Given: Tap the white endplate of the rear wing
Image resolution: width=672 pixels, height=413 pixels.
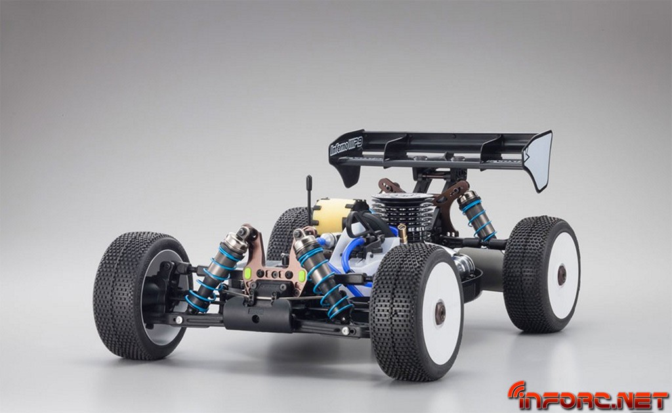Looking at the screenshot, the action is pos(538,160).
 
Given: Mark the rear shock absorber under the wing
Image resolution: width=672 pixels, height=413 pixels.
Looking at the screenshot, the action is pos(477,216).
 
